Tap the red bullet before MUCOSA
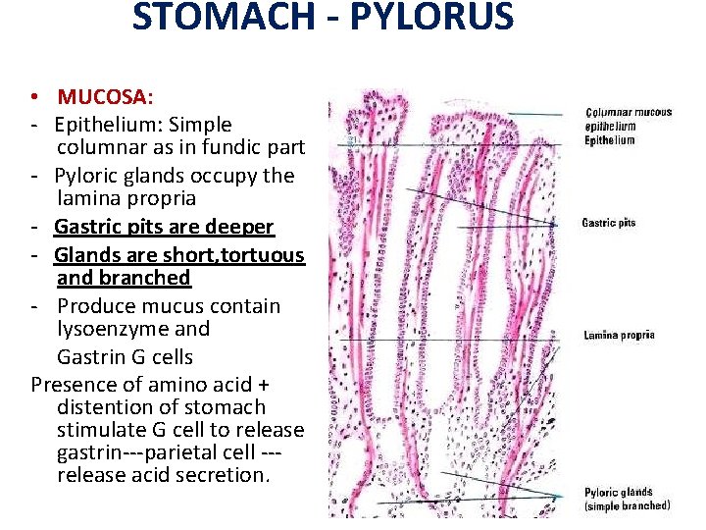coord(35,97)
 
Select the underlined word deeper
coord(237,227)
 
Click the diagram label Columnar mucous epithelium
coord(629,119)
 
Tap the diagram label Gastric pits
coord(609,223)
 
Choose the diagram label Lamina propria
coord(619,336)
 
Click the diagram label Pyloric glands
coord(619,492)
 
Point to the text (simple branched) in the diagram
coord(628,506)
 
